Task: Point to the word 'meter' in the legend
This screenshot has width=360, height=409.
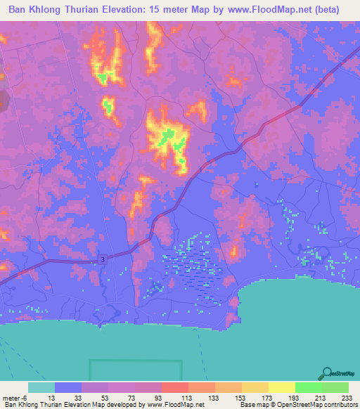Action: tap(13, 397)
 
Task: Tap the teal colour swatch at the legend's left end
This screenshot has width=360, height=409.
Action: tap(41, 387)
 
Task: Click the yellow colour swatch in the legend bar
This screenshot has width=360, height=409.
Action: tap(281, 387)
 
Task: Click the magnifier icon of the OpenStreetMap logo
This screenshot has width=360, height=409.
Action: tap(328, 373)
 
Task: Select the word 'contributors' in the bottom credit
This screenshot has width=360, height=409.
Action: tap(339, 405)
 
